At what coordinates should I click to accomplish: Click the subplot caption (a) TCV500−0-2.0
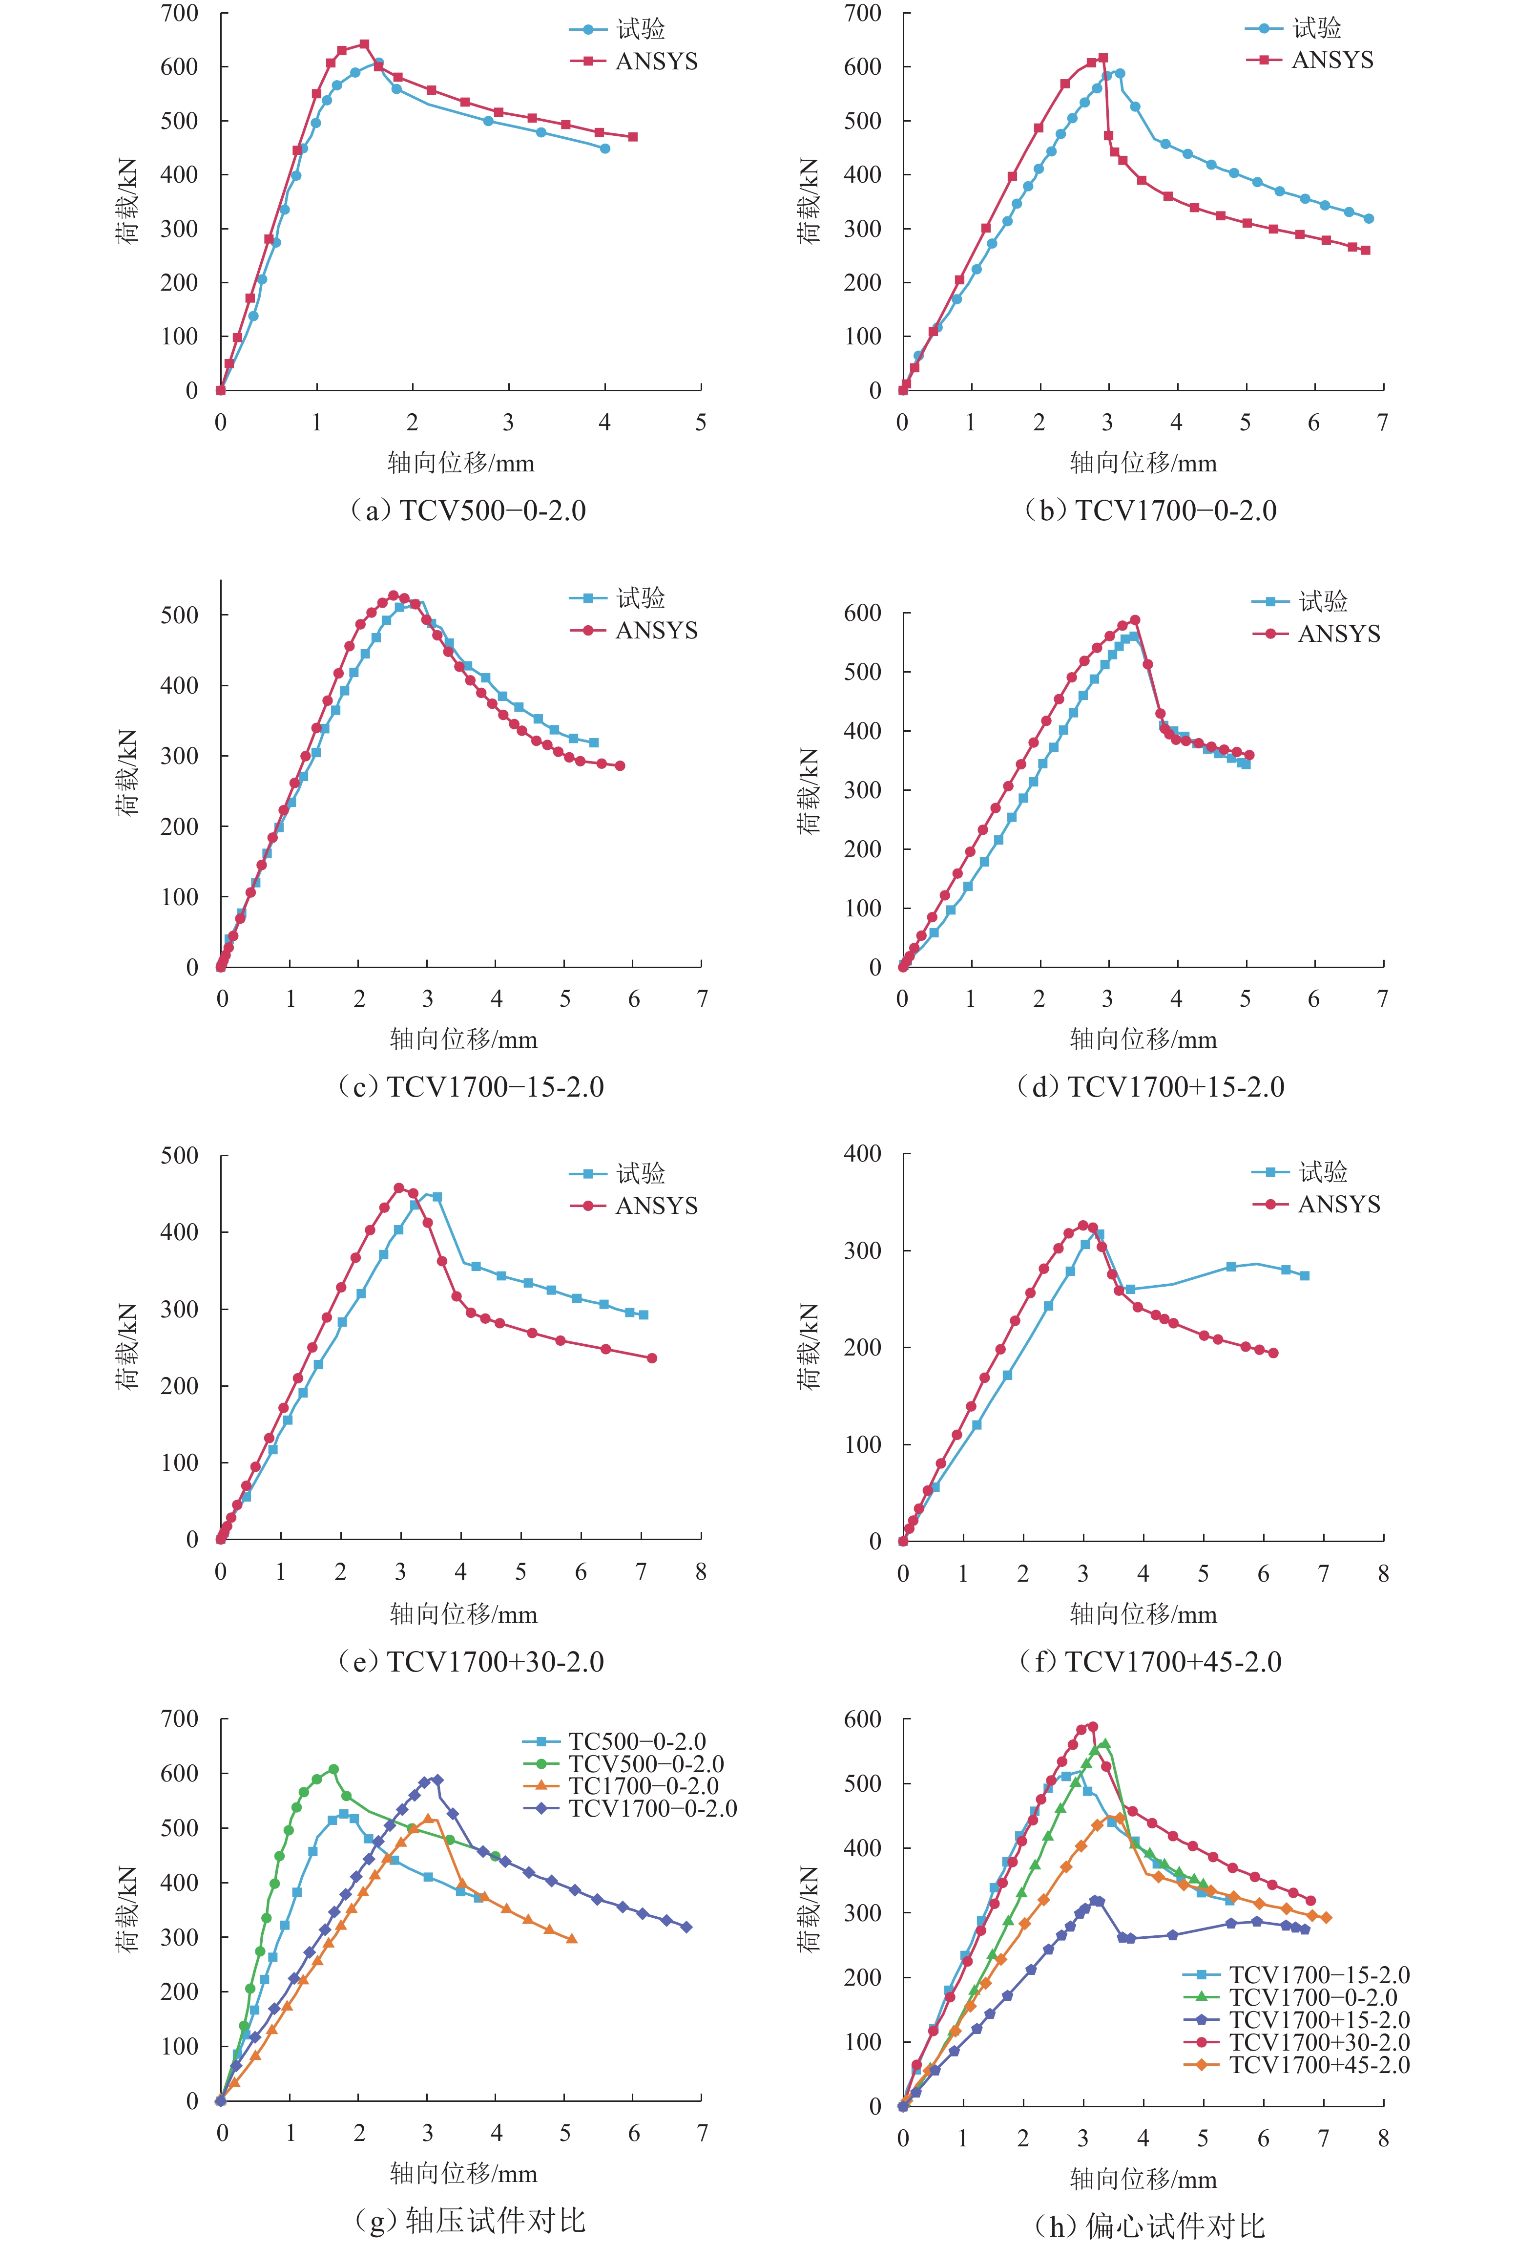[468, 510]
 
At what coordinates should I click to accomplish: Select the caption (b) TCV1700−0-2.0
[1150, 510]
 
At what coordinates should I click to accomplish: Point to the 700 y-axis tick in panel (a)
[180, 14]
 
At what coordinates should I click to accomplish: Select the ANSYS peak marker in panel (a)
[364, 43]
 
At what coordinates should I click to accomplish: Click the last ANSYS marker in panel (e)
[652, 1358]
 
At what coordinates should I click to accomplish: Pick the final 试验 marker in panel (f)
[1304, 1276]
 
